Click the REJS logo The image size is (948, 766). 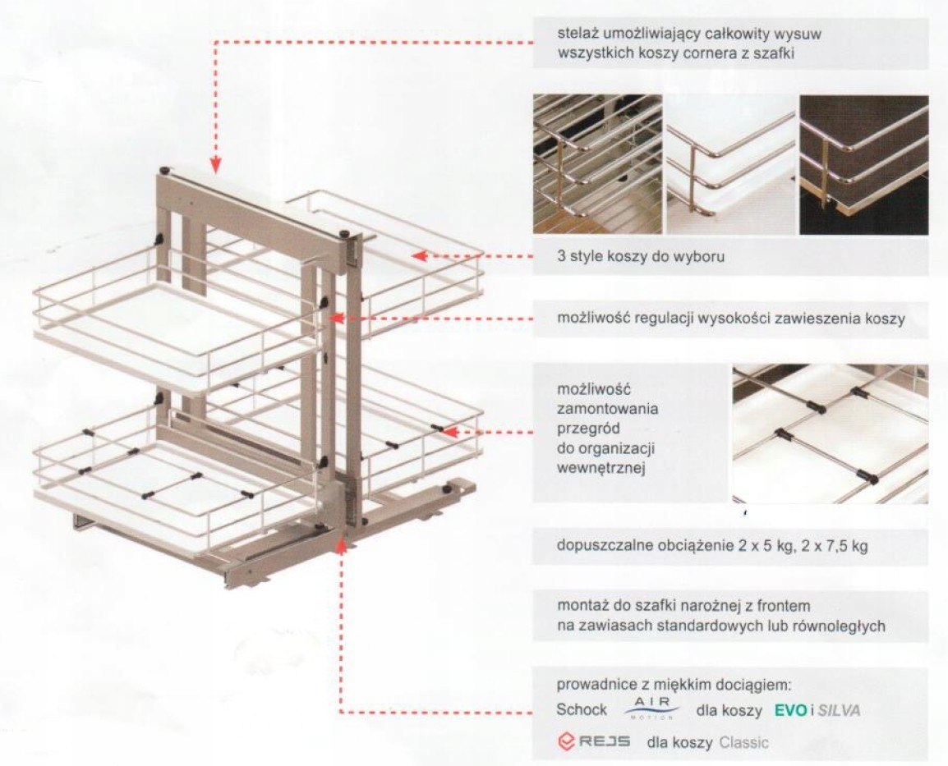click(593, 742)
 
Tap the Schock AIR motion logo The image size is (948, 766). click(651, 708)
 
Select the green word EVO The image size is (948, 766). click(791, 710)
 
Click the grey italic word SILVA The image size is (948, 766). click(839, 710)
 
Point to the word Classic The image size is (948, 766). click(743, 742)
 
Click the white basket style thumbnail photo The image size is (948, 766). click(730, 164)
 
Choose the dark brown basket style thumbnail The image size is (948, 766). click(863, 164)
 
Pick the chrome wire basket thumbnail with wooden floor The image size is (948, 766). click(597, 164)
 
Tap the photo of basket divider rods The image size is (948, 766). click(830, 433)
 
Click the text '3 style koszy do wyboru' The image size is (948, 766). click(640, 256)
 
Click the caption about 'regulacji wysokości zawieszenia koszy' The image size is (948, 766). click(730, 319)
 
